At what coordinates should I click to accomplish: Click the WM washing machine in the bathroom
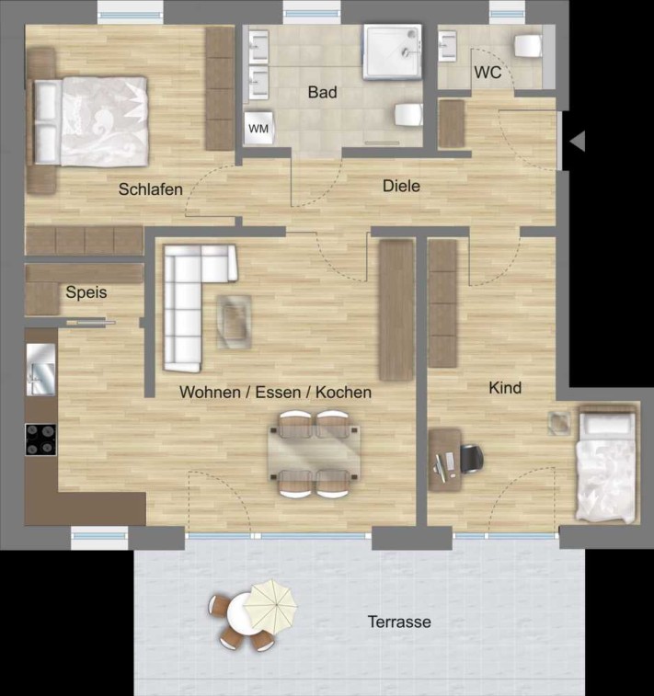tap(258, 129)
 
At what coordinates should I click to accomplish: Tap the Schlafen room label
tap(151, 189)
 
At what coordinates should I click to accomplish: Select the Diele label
tap(401, 186)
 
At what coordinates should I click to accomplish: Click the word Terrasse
tap(399, 622)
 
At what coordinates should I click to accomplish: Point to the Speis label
tap(86, 292)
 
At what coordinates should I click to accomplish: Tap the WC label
tap(488, 73)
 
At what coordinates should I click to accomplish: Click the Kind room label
tap(505, 388)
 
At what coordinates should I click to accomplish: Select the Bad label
tap(322, 92)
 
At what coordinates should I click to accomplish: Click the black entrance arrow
tap(577, 142)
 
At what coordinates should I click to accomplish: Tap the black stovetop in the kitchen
tap(40, 439)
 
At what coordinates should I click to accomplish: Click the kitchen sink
tap(40, 370)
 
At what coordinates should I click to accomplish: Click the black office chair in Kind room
tap(472, 459)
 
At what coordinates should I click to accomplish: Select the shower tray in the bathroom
tap(392, 51)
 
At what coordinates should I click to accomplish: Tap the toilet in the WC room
tap(528, 46)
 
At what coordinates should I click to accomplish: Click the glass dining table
tap(314, 451)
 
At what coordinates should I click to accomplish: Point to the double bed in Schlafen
tap(88, 121)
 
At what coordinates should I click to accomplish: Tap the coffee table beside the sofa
tap(234, 322)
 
